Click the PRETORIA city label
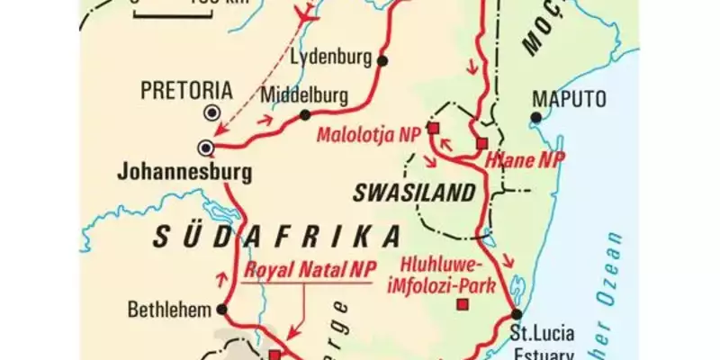(x=187, y=90)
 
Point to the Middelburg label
(x=301, y=94)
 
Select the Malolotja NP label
(x=369, y=134)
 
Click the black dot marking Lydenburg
(x=383, y=60)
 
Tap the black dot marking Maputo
(x=536, y=116)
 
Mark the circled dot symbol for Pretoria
(x=212, y=112)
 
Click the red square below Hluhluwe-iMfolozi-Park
(x=463, y=306)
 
